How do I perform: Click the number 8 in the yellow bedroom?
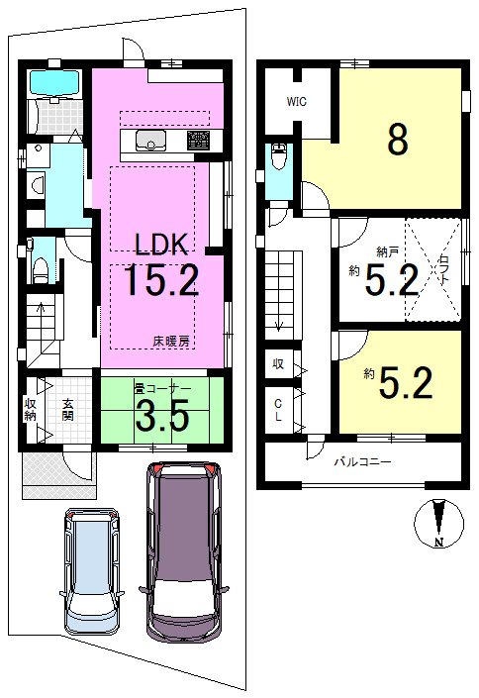point(397,140)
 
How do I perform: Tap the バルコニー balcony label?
point(361,462)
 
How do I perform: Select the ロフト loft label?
point(441,267)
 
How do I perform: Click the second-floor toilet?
point(278,158)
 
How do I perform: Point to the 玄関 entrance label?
point(67,407)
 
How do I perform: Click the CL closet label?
point(279,410)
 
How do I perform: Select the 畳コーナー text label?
point(159,390)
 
